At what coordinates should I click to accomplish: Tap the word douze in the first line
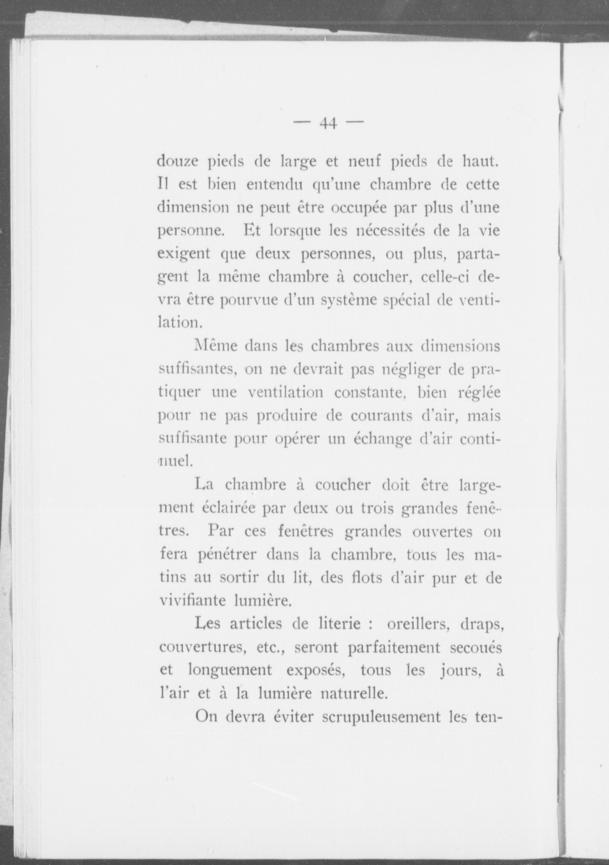coord(178,162)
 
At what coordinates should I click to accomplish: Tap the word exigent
coord(182,255)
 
